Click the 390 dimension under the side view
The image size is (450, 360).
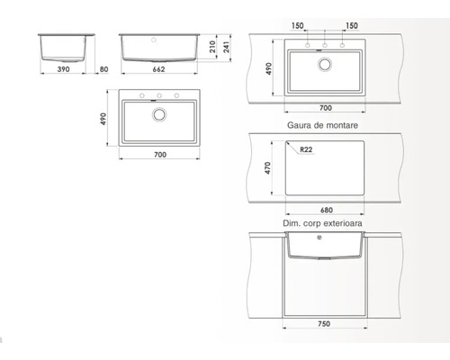(63, 69)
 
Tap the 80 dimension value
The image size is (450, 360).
(103, 69)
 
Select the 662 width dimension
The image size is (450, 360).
(158, 69)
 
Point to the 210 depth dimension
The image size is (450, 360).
(212, 47)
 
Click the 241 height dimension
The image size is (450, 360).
(227, 47)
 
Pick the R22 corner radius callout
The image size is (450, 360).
(306, 149)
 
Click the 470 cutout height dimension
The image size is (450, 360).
(267, 168)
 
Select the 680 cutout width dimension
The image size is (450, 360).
(327, 210)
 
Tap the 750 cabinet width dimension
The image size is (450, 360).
(324, 324)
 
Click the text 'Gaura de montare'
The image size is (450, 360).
(322, 125)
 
